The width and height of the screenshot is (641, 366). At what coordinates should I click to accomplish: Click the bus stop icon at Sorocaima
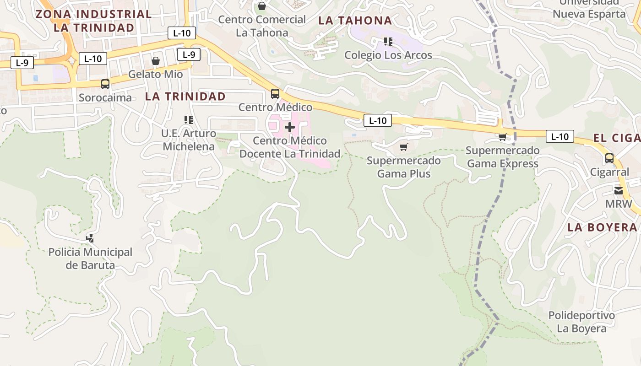click(105, 84)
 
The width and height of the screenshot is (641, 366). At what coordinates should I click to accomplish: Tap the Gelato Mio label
click(155, 74)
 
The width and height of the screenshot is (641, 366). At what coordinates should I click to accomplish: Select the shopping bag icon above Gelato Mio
click(156, 61)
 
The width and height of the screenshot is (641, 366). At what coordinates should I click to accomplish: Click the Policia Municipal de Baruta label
click(90, 258)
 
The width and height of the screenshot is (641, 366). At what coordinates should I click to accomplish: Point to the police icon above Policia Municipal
click(90, 238)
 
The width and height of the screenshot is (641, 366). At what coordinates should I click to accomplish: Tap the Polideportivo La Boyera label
click(581, 322)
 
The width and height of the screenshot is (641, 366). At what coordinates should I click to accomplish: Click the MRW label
click(619, 204)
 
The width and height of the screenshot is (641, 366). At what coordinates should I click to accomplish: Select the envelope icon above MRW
click(619, 191)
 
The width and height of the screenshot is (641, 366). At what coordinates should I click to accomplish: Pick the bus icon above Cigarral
click(609, 159)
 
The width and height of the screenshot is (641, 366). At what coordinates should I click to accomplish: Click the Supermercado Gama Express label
click(502, 157)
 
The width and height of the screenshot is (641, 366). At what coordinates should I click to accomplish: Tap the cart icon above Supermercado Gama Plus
click(403, 147)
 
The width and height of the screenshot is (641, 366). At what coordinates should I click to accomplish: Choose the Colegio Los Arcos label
click(388, 55)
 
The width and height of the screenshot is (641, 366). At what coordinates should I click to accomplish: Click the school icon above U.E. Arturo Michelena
click(188, 120)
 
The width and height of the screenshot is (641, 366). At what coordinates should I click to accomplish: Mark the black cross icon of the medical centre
click(290, 127)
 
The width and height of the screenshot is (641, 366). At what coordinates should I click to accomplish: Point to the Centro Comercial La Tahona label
click(262, 26)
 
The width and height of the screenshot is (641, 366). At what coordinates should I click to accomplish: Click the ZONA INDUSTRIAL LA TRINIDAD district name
click(93, 21)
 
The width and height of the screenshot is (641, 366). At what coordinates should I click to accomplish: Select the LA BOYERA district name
click(602, 227)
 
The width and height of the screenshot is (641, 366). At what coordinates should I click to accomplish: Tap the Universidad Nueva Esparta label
click(589, 9)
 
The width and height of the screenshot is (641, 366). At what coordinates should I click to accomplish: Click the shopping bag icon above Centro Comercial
click(262, 6)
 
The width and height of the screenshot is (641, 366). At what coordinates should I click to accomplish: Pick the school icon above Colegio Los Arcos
click(388, 42)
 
